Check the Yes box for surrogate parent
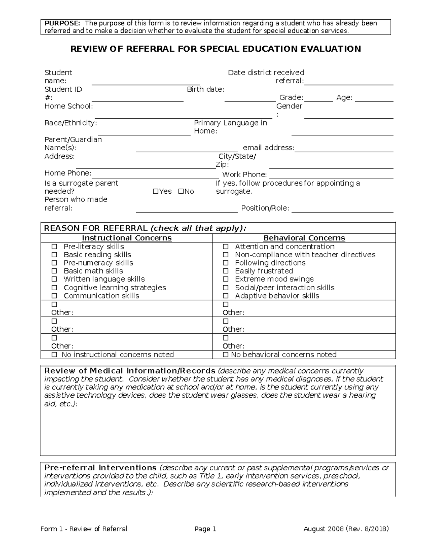click(155, 192)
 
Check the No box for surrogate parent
click(181, 192)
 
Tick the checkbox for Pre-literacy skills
click(54, 247)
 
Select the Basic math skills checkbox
click(54, 271)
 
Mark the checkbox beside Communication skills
click(54, 296)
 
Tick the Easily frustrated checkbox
click(226, 271)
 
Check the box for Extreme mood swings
click(226, 280)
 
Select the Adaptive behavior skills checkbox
click(226, 296)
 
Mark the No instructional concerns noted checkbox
click(54, 355)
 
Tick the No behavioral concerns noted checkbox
click(226, 355)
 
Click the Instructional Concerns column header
click(126, 238)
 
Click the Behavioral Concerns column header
click(304, 238)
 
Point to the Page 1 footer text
click(205, 529)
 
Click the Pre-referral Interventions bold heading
click(100, 468)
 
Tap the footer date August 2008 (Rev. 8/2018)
click(346, 529)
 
